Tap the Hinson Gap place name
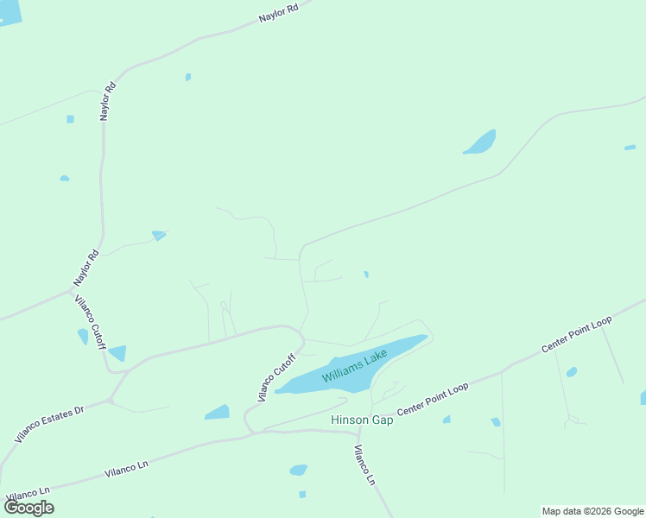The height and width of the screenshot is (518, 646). point(362,420)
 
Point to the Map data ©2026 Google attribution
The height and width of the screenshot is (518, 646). point(593,511)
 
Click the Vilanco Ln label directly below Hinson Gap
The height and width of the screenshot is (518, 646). point(365,464)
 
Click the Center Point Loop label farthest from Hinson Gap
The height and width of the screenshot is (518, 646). point(576,334)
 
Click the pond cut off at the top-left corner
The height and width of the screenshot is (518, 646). point(9,11)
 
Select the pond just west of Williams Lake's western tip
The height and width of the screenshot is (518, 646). point(218,413)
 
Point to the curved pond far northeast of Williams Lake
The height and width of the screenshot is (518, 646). point(481,143)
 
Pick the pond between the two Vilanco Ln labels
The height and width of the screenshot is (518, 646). point(298,471)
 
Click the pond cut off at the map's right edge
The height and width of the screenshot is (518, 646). point(643,397)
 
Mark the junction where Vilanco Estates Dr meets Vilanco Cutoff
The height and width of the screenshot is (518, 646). point(111,400)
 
